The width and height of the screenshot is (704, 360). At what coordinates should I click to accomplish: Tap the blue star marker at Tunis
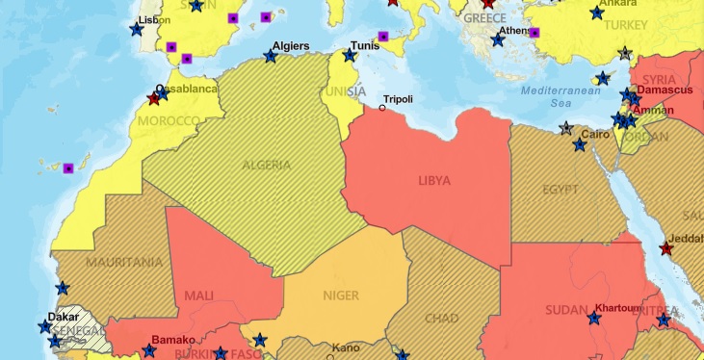[x=349, y=55]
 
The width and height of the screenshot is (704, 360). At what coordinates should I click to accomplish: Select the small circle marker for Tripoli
[x=381, y=108]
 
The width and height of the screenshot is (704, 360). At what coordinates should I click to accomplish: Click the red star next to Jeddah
[x=666, y=248]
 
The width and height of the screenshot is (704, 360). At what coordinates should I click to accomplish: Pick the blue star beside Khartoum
[x=594, y=318]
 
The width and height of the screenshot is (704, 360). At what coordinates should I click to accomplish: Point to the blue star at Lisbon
[x=136, y=30]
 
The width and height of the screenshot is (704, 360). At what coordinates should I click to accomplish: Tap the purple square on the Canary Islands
[x=68, y=168]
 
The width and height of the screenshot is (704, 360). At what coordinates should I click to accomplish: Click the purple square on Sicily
[x=383, y=37]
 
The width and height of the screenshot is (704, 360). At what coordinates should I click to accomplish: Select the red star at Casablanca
[x=153, y=98]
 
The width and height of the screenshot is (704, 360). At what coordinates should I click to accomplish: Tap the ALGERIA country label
[x=267, y=164]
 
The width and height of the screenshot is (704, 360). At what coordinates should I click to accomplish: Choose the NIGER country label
[x=341, y=296]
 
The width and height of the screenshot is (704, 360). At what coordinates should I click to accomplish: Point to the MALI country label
[x=199, y=296]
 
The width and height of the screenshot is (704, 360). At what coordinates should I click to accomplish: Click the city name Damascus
[x=665, y=90]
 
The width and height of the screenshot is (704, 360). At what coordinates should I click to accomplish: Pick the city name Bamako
[x=173, y=340]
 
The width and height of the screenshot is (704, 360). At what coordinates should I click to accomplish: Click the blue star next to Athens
[x=498, y=39]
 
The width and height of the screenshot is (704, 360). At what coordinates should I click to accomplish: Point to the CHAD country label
[x=441, y=319]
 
